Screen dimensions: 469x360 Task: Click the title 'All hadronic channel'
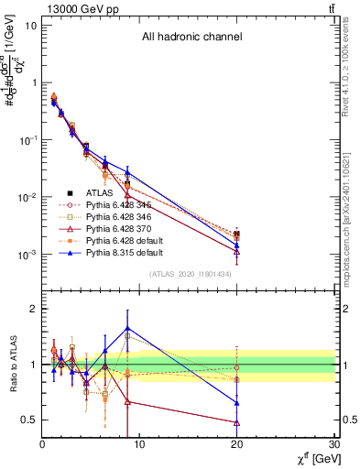[x=191, y=38]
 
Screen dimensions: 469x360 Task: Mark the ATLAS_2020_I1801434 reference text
[x=191, y=274]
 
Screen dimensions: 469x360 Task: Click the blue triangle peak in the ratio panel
[x=127, y=327]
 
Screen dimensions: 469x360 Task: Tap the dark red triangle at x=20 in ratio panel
[x=237, y=422]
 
